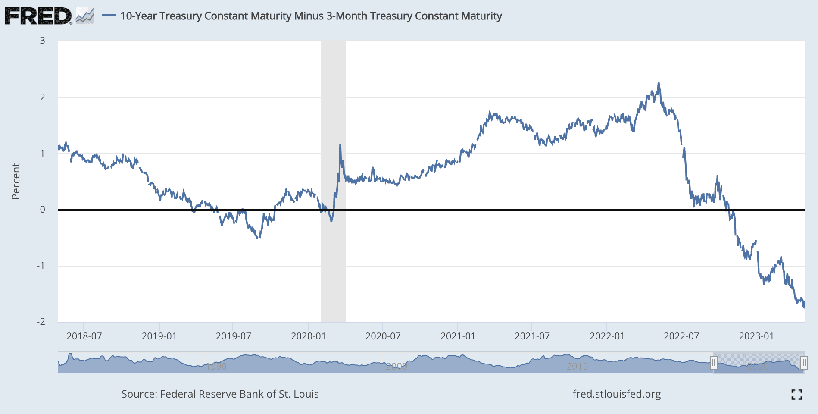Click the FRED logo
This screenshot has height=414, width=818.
point(38,16)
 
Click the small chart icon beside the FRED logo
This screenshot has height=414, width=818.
point(85,16)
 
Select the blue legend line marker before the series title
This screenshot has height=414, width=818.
point(109,16)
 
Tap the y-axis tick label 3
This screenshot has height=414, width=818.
point(42,41)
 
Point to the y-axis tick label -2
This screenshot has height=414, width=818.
point(41,322)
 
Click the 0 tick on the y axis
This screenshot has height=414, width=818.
point(42,210)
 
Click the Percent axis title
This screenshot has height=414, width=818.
point(16,181)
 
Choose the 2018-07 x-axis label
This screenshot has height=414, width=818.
point(84,336)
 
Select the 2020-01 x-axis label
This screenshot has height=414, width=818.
point(308,336)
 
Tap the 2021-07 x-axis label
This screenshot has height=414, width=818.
point(532,336)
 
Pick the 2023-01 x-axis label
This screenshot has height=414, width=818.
point(756,336)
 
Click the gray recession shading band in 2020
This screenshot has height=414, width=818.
point(333,259)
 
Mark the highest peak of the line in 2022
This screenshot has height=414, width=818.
point(659,83)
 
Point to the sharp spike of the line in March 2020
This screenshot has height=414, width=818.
point(340,146)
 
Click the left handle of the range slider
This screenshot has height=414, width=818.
point(714,363)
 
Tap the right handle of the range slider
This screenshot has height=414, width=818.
point(804,363)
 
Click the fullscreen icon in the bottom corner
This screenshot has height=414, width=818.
point(797,394)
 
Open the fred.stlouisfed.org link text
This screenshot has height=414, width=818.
point(616,394)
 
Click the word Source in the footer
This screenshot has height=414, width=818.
point(138,394)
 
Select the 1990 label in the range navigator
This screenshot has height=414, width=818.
point(216,367)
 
